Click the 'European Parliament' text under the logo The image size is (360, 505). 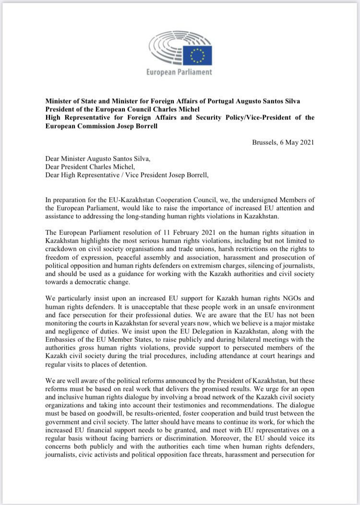179,72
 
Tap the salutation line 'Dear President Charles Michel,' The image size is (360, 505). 92,166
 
